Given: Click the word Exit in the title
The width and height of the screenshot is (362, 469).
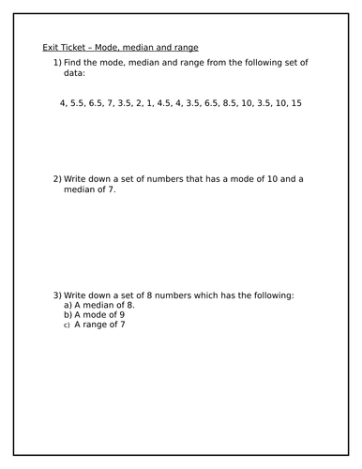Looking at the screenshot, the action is (x=52, y=48).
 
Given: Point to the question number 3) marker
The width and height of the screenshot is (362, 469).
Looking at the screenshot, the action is (x=57, y=295).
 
